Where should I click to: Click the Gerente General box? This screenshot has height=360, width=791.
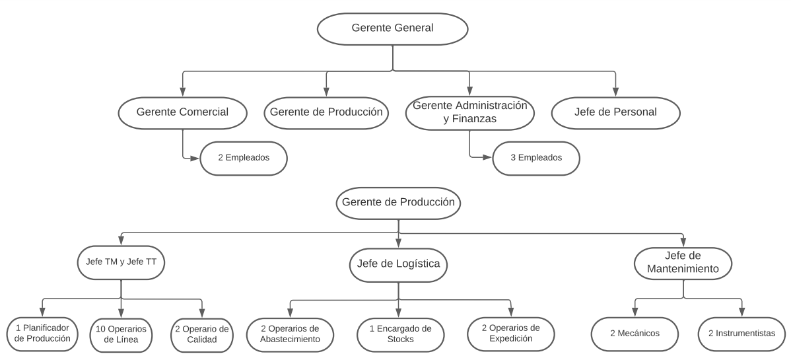[392, 29]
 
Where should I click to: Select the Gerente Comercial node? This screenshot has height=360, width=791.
[183, 112]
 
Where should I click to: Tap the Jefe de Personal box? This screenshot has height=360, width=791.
[615, 112]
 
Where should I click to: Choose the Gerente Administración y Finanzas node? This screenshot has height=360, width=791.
[469, 113]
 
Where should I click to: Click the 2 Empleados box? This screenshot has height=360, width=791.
[244, 158]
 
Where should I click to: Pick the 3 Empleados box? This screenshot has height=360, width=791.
[536, 158]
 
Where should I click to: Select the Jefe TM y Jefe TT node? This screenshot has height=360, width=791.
[121, 262]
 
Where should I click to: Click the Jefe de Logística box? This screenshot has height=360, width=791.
[399, 265]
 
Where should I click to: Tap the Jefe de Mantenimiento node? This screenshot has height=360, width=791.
[683, 263]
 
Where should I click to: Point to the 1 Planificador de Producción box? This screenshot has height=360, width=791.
[42, 334]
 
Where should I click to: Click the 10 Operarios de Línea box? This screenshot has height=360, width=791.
[121, 335]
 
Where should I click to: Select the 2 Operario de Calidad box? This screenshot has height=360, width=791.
[202, 335]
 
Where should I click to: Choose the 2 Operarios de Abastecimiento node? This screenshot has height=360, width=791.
[290, 334]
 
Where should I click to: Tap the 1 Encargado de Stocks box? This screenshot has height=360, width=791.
[401, 334]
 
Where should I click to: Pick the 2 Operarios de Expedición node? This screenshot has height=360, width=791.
[511, 334]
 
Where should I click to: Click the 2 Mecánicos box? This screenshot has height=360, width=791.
[635, 334]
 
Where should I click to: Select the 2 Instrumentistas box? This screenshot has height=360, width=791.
[742, 334]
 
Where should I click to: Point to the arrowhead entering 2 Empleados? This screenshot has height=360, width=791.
[195, 158]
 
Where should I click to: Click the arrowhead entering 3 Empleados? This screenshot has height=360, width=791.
[487, 157]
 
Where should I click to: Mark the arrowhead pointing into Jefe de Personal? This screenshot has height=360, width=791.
[615, 91]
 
